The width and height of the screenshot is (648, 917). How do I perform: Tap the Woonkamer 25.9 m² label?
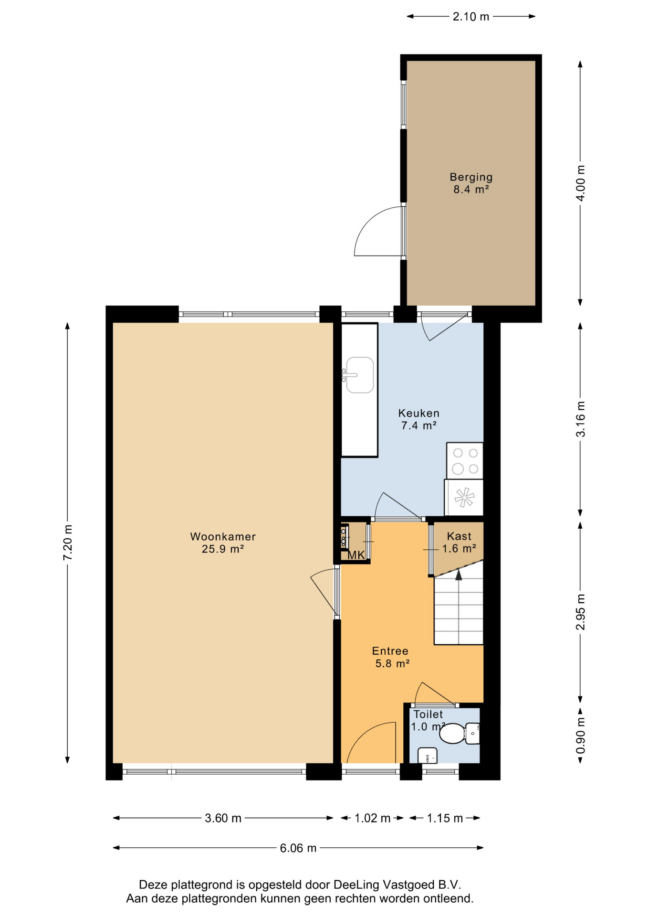click(x=223, y=543)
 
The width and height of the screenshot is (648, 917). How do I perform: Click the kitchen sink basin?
click(x=359, y=375)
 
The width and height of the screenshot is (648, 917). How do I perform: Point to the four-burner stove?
click(x=465, y=460)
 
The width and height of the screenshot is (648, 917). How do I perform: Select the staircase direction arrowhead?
click(x=459, y=576)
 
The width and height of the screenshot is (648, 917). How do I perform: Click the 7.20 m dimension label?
click(x=68, y=543)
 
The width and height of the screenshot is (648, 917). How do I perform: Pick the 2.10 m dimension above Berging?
click(x=471, y=17)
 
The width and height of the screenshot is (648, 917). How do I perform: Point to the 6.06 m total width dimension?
click(x=298, y=848)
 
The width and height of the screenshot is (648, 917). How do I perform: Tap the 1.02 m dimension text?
click(x=373, y=818)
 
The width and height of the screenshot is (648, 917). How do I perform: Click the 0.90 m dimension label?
click(x=580, y=736)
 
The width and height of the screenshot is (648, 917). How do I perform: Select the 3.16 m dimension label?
click(x=580, y=419)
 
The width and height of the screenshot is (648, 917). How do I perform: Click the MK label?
click(x=356, y=555)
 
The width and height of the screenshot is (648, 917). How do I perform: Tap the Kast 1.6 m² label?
click(x=459, y=543)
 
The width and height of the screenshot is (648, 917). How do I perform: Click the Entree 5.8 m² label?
click(x=391, y=657)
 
